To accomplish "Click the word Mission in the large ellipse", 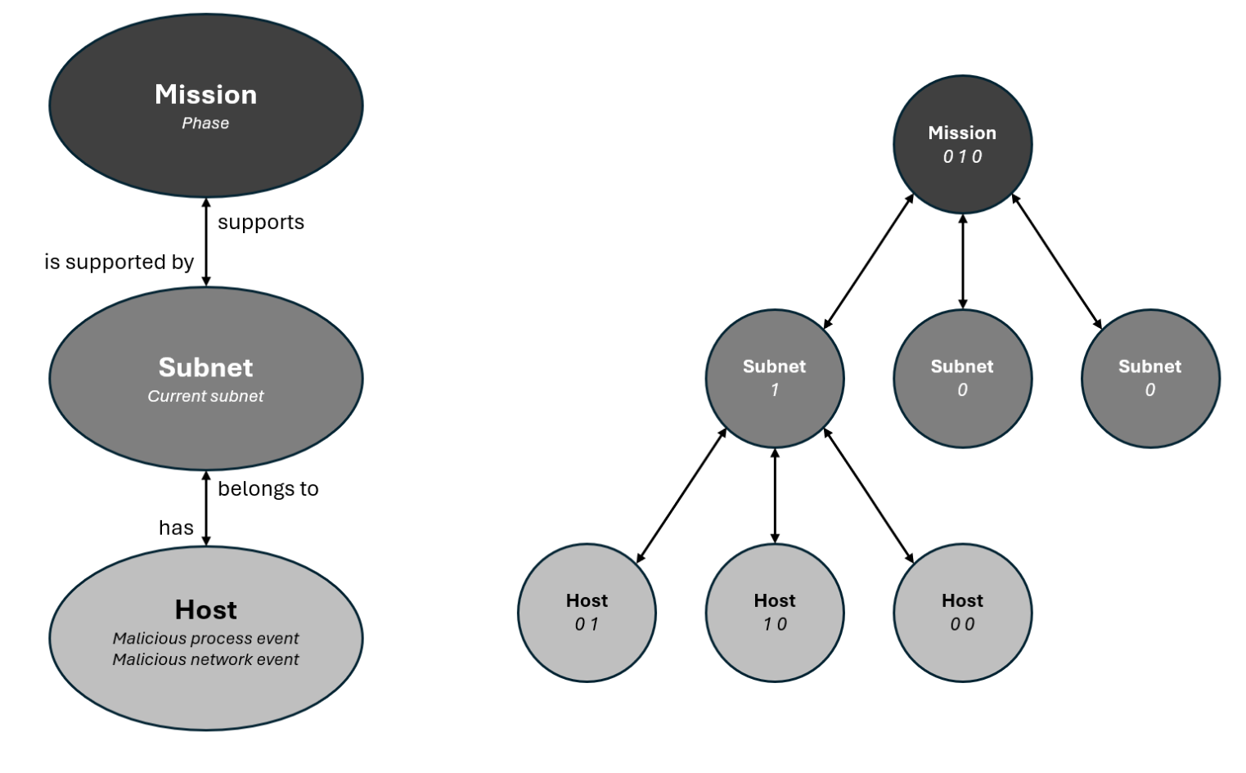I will click(x=205, y=95).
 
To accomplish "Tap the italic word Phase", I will click(x=205, y=124).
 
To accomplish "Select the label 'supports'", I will click(x=261, y=222).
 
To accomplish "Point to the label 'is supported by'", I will click(x=119, y=262).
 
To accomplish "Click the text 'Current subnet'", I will click(x=205, y=397).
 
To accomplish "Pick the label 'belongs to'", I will click(x=268, y=489).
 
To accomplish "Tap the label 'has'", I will click(x=176, y=528).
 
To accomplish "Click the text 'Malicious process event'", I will click(x=205, y=638).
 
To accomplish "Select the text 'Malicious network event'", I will click(x=205, y=659).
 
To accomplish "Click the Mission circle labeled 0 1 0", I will click(x=962, y=144).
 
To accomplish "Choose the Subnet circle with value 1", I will click(x=774, y=378).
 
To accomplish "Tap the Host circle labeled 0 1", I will click(x=587, y=612).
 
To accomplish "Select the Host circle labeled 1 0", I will click(x=774, y=612).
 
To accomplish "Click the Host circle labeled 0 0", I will click(x=962, y=612).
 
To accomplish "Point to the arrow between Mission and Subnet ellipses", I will click(x=206, y=242).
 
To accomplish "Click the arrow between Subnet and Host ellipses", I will click(x=206, y=508).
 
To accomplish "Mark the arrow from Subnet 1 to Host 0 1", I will click(x=681, y=495).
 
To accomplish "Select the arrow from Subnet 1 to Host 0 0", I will click(x=869, y=495).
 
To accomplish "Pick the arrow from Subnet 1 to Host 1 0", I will click(x=775, y=495).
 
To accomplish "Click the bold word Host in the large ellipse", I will click(x=205, y=610).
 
